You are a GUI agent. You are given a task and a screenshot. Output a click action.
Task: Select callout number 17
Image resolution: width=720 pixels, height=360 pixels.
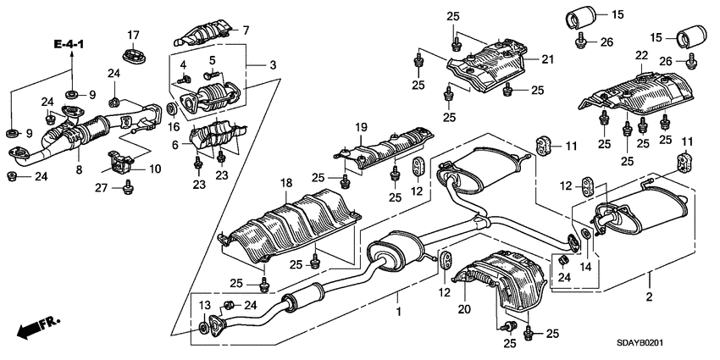click(x=133, y=35)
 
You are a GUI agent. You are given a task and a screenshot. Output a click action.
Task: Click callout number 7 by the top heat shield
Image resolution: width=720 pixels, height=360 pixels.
click(x=246, y=30)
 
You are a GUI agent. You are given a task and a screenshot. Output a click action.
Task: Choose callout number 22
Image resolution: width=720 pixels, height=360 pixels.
click(x=641, y=56)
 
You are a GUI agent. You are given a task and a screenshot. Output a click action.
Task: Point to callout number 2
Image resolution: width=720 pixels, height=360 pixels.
click(x=650, y=298)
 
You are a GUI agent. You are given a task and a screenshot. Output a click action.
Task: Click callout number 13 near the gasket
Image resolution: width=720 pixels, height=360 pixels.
click(x=204, y=305)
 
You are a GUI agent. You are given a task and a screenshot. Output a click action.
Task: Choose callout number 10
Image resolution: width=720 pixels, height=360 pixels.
click(x=154, y=169)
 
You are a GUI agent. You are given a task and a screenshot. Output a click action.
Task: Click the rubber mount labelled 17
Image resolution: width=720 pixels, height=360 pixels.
click(x=134, y=56)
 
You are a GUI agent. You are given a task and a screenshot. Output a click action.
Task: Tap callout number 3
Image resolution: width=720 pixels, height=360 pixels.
click(x=274, y=64)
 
